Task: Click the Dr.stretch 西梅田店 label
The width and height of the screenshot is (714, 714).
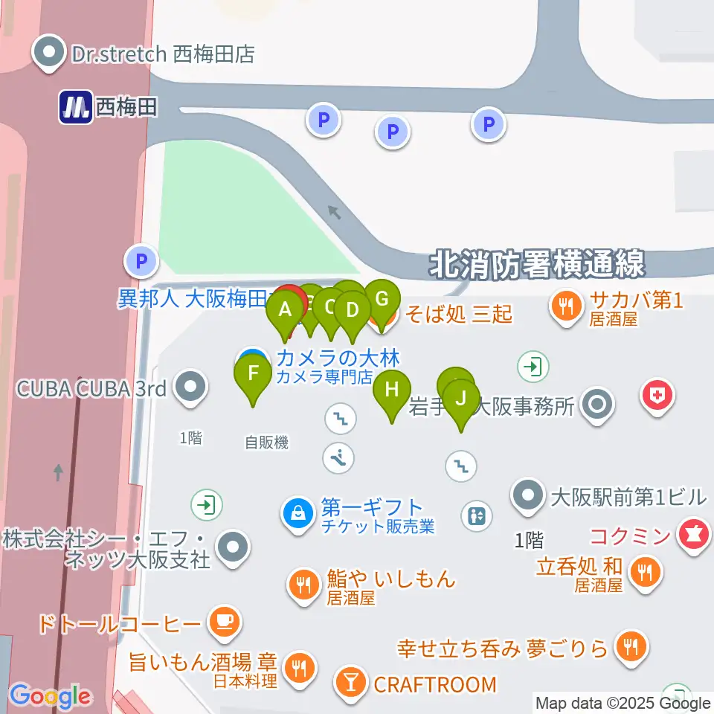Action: (x=163, y=54)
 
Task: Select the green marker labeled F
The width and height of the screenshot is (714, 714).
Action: (x=253, y=373)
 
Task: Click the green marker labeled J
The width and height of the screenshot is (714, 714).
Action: (x=461, y=399)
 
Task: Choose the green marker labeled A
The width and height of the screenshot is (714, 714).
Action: (x=285, y=311)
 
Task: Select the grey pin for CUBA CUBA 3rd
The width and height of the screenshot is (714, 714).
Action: (x=191, y=386)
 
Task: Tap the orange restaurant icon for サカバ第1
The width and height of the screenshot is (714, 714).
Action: (x=567, y=305)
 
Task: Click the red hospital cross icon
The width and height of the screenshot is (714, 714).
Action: (x=657, y=393)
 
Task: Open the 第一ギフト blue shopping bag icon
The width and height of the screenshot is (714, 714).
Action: (x=297, y=512)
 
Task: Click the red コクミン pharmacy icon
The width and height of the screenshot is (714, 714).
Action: (x=695, y=534)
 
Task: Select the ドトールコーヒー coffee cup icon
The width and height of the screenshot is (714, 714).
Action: (x=225, y=621)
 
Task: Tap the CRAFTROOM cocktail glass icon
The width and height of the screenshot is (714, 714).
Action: (x=349, y=681)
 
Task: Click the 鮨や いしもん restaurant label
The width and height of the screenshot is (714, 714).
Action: (x=390, y=579)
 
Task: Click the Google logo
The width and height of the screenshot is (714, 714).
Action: (x=50, y=696)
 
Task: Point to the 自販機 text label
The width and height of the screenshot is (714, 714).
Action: (x=266, y=443)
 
